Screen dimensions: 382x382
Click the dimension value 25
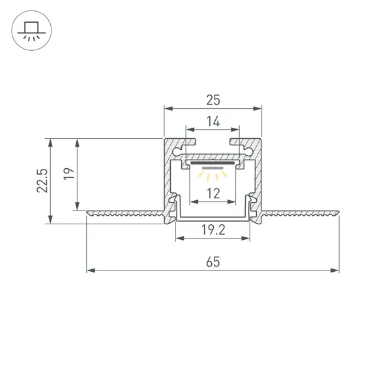pyautogui.click(x=213, y=100)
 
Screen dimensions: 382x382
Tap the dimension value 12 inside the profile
pyautogui.click(x=213, y=192)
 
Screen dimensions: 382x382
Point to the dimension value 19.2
pyautogui.click(x=213, y=229)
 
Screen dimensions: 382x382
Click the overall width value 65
pyautogui.click(x=213, y=262)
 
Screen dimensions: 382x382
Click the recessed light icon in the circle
pyautogui.click(x=30, y=30)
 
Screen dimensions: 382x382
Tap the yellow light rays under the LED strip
pyautogui.click(x=213, y=173)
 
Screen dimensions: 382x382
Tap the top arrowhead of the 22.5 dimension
pyautogui.click(x=49, y=141)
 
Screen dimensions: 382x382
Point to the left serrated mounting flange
pyautogui.click(x=124, y=213)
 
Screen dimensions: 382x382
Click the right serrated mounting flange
pyautogui.click(x=300, y=213)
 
